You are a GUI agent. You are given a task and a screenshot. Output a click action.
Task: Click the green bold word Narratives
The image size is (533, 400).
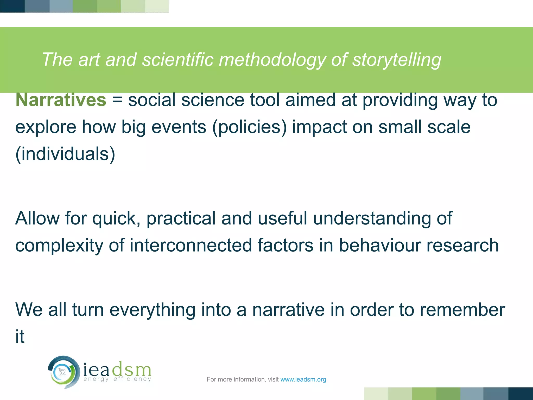pos(61,100)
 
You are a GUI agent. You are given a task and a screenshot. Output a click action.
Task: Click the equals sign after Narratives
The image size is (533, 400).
pos(117,100)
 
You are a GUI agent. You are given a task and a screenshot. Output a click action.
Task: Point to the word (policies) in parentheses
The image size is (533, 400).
pos(250,128)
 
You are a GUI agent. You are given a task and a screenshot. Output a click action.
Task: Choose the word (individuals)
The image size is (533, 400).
pos(65,154)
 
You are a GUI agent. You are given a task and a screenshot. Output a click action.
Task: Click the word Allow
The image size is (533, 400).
pos(37,218)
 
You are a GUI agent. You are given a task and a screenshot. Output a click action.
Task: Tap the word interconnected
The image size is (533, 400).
pos(191,245)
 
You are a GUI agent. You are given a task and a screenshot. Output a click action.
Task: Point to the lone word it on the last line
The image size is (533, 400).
pos(20,336)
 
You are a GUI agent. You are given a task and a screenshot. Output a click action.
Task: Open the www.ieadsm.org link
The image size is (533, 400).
pos(303,380)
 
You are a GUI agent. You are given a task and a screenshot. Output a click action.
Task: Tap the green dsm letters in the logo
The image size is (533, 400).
pos(131,369)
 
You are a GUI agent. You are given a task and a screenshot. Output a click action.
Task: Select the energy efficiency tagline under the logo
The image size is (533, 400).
pos(117,379)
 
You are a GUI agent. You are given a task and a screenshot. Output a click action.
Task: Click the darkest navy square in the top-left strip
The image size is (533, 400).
pos(12,6)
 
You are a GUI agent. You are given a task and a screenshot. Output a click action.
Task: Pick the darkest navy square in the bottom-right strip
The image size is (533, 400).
pos(521,394)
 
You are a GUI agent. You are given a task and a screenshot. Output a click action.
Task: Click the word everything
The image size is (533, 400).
pos(152,310)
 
